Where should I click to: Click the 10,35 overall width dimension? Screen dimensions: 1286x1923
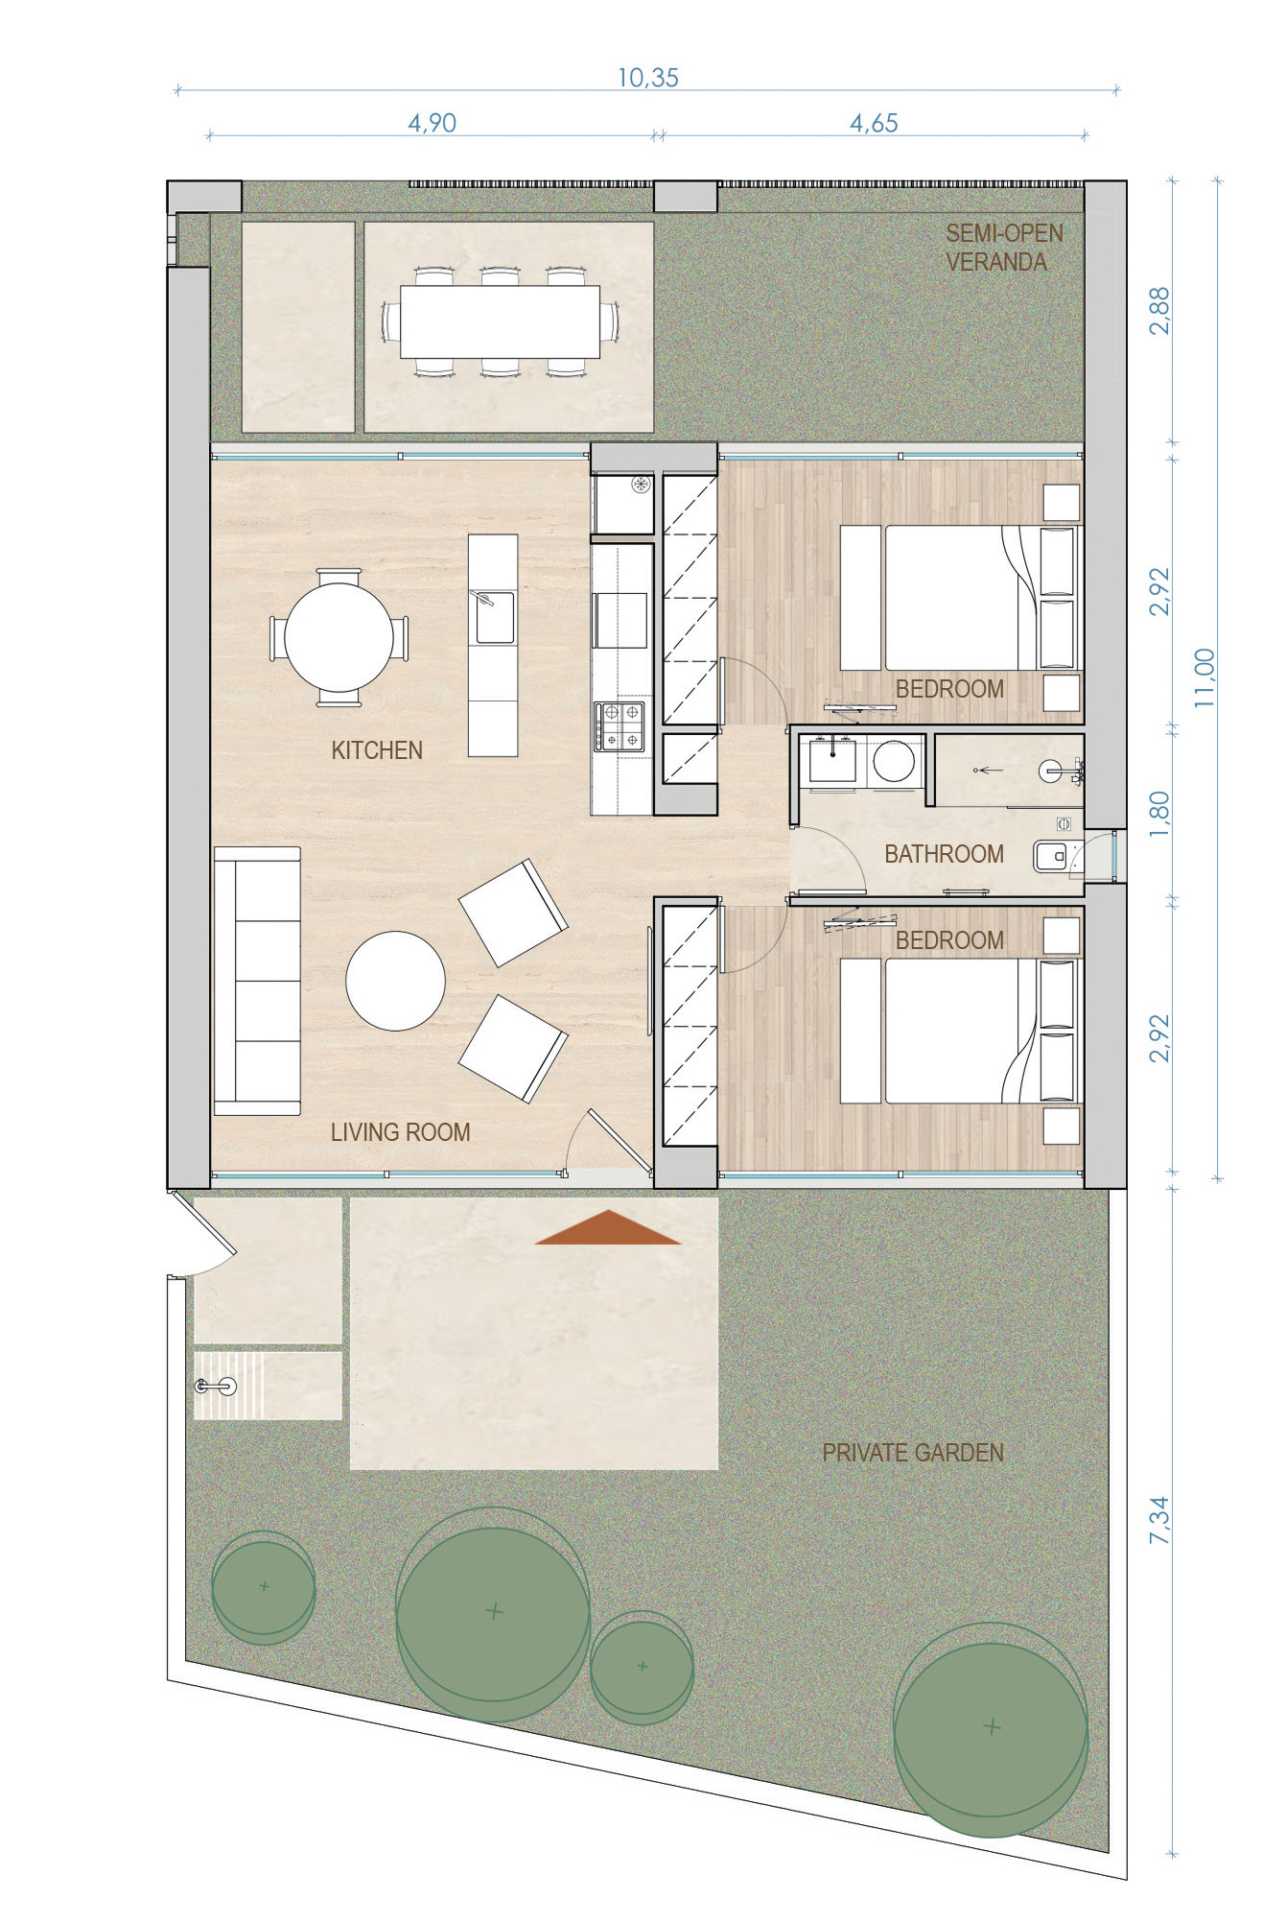tap(648, 78)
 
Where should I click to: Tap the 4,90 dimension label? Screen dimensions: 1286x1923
tap(433, 123)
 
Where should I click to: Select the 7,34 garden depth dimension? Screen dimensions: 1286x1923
tap(1159, 1520)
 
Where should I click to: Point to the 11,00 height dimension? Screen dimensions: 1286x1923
tap(1204, 678)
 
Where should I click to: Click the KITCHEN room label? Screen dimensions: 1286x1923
tap(377, 750)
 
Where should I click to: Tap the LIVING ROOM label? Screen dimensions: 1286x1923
tap(400, 1132)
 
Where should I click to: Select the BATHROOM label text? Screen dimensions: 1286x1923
tap(944, 854)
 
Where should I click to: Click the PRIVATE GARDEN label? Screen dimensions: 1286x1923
tap(913, 1453)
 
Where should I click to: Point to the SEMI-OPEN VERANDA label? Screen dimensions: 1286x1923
tap(1004, 248)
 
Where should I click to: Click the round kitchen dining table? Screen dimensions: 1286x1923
tap(339, 638)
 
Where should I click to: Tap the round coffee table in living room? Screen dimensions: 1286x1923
tap(395, 981)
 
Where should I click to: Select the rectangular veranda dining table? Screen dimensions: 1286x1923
tap(500, 321)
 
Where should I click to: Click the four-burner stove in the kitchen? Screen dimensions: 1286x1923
tap(620, 726)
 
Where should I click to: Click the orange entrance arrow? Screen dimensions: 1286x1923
tap(608, 1227)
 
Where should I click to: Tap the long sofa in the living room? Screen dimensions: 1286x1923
tap(257, 981)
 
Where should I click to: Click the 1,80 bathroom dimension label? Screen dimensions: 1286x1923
tap(1159, 814)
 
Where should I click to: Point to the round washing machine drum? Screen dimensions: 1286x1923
tap(894, 763)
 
